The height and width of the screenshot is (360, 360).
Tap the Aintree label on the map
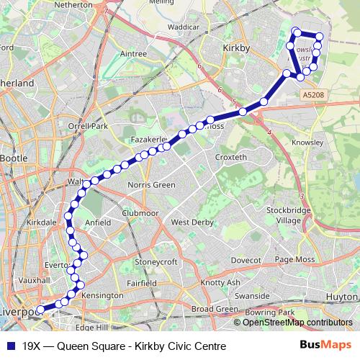[133, 54]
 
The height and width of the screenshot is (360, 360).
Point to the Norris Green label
[150, 185]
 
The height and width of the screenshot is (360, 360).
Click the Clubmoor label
[140, 212]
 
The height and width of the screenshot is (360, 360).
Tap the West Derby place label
[192, 222]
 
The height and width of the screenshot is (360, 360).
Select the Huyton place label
[341, 295]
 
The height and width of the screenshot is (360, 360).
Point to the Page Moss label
[295, 259]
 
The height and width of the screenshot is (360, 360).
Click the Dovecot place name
[246, 259]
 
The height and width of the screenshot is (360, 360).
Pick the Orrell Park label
[87, 127]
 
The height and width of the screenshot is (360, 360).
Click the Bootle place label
[13, 158]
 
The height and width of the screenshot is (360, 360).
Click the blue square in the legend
[11, 346]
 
